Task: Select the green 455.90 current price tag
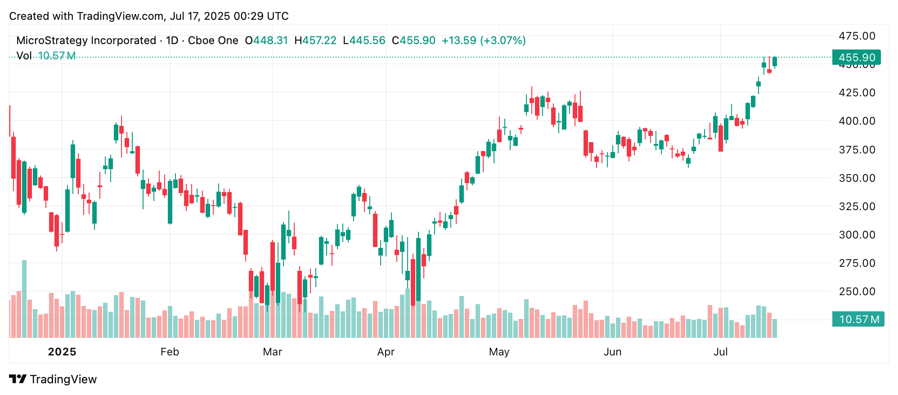point(857,58)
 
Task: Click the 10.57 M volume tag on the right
point(858,319)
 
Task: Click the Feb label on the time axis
point(170,352)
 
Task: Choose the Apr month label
point(386,352)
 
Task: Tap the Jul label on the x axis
point(720,352)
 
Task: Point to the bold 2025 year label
point(62,352)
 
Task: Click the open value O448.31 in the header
point(266,40)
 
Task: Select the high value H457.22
point(315,40)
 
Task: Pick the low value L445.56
point(364,40)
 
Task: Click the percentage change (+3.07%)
point(503,40)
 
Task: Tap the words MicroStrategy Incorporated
point(86,40)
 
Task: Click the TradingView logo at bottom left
point(53,379)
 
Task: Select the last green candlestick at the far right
point(775,62)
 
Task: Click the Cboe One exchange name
point(213,40)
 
